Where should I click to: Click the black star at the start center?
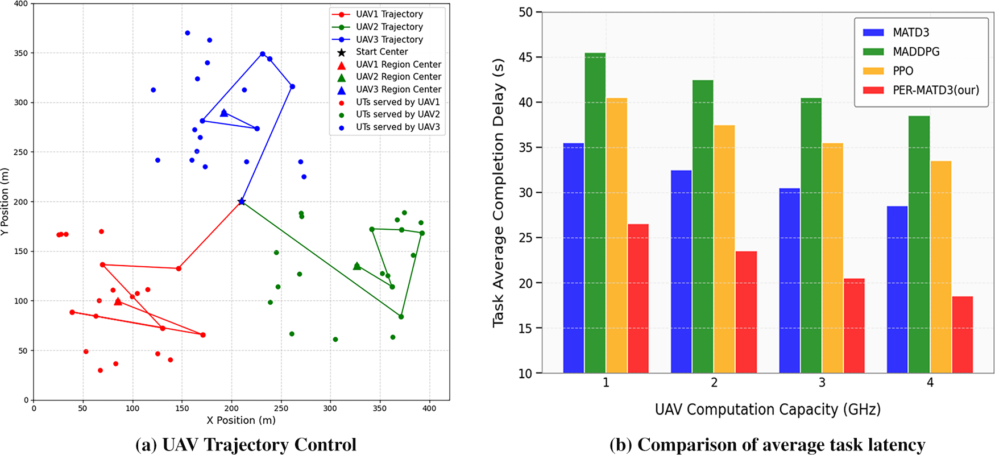[242, 201]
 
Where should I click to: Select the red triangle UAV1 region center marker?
[118, 301]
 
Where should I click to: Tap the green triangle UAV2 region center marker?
[357, 266]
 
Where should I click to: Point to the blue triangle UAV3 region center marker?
[224, 113]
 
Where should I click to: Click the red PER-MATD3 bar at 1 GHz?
[638, 299]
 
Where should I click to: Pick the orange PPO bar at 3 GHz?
[832, 258]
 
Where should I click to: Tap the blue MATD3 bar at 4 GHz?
[897, 289]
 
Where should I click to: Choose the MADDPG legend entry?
[916, 52]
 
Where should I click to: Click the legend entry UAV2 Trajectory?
[389, 27]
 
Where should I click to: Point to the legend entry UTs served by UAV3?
[397, 127]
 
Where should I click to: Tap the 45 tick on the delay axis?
[525, 57]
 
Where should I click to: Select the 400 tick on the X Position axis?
[429, 408]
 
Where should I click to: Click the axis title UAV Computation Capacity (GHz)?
[768, 409]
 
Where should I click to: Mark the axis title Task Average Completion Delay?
[499, 192]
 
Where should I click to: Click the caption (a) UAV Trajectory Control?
[246, 444]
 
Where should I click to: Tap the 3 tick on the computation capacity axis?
[822, 383]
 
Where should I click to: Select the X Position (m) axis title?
[241, 420]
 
